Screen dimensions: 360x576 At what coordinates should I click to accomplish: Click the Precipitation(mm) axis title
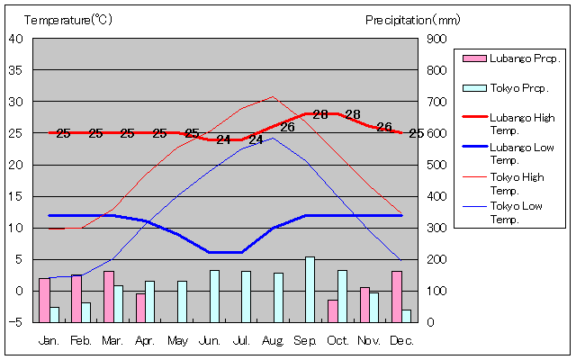[x=413, y=19]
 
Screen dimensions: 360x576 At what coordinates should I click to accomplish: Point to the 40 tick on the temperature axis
[x=16, y=38]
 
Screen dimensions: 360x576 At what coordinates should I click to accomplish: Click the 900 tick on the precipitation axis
[x=436, y=38]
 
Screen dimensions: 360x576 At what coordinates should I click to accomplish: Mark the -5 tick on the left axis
[x=18, y=322]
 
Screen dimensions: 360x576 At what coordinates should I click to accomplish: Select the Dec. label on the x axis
[x=401, y=340]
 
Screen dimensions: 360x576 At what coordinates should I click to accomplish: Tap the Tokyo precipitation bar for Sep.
[x=310, y=289]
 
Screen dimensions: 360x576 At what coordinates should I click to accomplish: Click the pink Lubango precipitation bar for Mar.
[x=109, y=296]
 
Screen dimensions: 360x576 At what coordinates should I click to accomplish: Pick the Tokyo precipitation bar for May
[x=182, y=301]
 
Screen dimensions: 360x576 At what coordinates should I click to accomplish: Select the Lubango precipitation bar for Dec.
[x=397, y=296]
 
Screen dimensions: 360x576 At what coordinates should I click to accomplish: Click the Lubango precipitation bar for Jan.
[x=44, y=300]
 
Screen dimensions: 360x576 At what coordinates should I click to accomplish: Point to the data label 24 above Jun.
[x=224, y=139]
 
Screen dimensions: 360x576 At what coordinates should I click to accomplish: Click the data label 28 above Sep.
[x=320, y=114]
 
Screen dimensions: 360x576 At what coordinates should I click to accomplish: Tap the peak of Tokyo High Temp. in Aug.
[x=273, y=96]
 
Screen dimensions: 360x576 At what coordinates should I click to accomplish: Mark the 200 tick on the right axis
[x=436, y=259]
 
